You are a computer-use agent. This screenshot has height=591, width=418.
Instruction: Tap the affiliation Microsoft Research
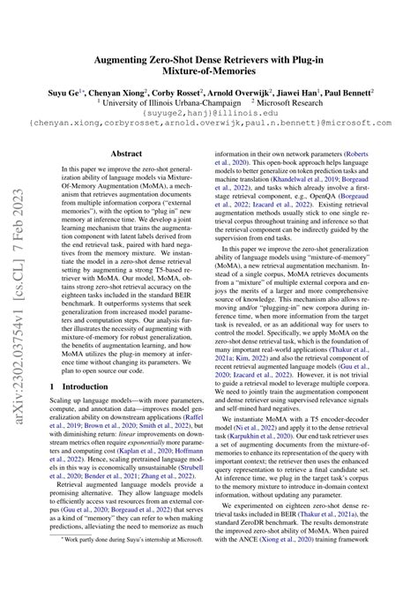click(297, 103)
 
